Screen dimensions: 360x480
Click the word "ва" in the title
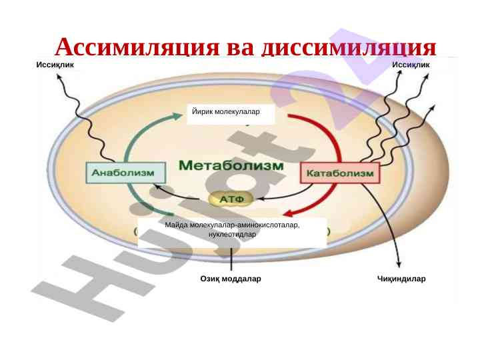coord(242,48)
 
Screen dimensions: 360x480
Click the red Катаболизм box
coord(340,173)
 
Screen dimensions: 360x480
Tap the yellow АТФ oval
coord(231,199)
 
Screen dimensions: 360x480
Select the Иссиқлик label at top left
coord(55,65)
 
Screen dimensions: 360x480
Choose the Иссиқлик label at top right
coord(411,65)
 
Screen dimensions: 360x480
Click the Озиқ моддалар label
coord(231,279)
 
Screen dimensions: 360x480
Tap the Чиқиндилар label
coord(401,279)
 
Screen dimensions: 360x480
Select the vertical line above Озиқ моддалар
coord(231,258)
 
